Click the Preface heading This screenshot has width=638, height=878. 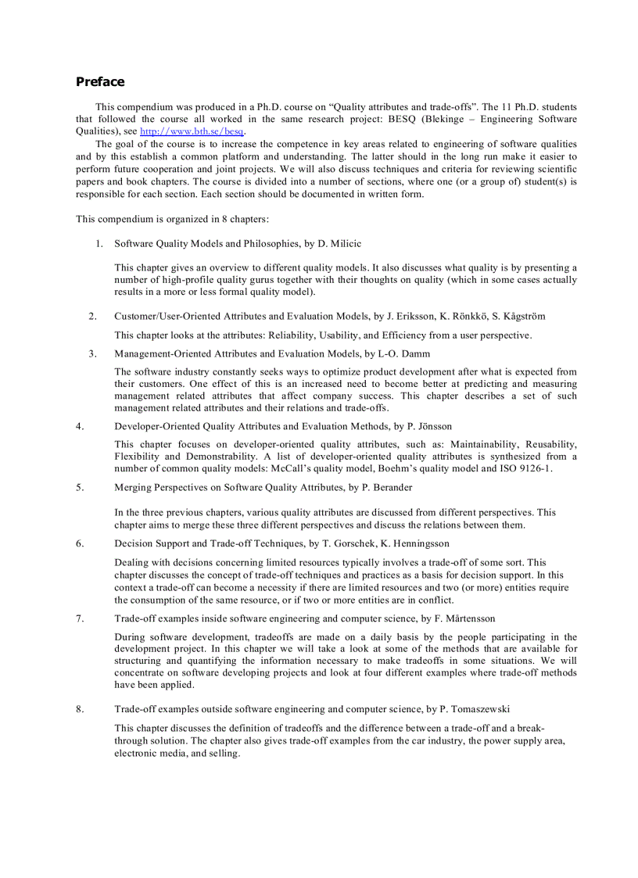[99, 82]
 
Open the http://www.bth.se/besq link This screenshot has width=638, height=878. [192, 132]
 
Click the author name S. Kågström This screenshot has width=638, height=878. [518, 317]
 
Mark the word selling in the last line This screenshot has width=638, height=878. [223, 754]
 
